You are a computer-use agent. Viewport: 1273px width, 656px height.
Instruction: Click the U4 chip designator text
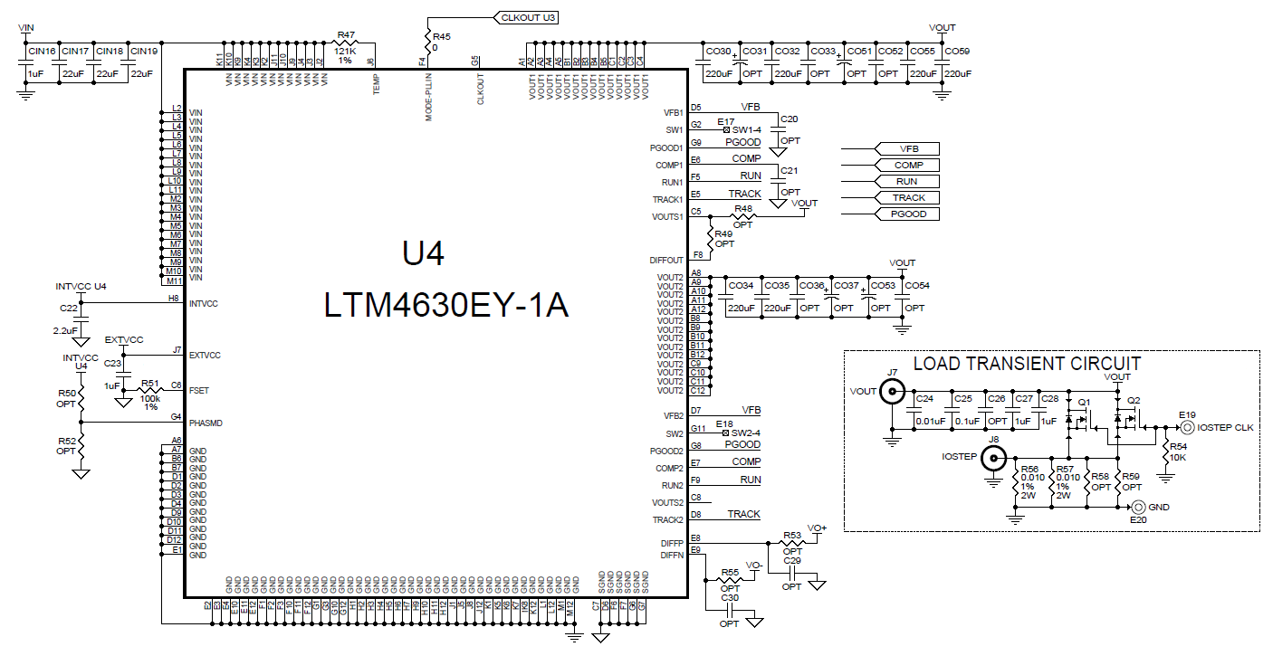(x=423, y=254)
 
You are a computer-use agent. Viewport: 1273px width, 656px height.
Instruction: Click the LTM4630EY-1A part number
(x=445, y=306)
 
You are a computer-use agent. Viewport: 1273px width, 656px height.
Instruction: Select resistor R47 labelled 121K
(x=346, y=43)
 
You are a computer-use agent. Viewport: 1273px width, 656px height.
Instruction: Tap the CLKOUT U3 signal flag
(x=526, y=17)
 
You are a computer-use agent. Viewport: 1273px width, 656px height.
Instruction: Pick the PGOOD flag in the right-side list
(x=908, y=214)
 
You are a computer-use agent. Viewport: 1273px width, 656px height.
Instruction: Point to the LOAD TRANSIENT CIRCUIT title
(x=1027, y=364)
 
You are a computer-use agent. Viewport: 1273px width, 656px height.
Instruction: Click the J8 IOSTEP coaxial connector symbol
(x=993, y=458)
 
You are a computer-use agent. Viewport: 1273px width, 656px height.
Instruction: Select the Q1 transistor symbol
(x=1077, y=420)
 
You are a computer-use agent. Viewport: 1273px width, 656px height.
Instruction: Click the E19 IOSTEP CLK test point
(x=1187, y=427)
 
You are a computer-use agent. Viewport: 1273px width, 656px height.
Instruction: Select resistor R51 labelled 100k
(x=150, y=390)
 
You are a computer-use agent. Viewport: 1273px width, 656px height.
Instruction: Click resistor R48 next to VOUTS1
(x=743, y=216)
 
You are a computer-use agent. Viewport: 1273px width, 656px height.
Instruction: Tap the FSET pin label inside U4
(x=199, y=390)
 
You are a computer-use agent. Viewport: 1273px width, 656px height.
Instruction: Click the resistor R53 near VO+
(x=792, y=542)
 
